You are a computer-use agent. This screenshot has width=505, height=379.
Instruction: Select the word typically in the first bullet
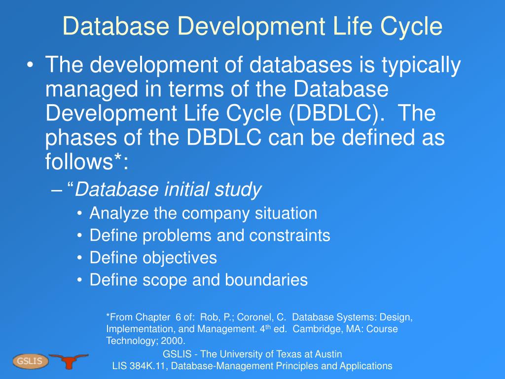pyautogui.click(x=421, y=65)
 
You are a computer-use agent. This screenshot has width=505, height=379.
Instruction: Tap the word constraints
pyautogui.click(x=289, y=235)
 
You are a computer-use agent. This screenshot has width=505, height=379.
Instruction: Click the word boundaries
pyautogui.click(x=266, y=280)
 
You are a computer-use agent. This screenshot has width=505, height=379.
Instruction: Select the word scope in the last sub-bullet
pyautogui.click(x=165, y=280)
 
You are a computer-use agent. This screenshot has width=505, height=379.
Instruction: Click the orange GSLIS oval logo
pyautogui.click(x=30, y=361)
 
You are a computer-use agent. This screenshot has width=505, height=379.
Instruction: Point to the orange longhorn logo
pyautogui.click(x=68, y=361)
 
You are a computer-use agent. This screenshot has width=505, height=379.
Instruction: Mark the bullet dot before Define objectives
pyautogui.click(x=79, y=258)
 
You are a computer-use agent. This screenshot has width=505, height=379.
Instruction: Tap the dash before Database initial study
pyautogui.click(x=56, y=190)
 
